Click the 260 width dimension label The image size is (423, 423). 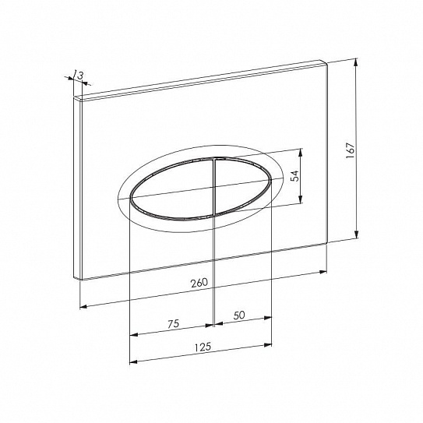[199, 283]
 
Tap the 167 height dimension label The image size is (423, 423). [351, 150]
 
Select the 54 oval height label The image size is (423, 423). [295, 175]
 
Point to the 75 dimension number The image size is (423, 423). [173, 324]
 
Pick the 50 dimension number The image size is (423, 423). [239, 315]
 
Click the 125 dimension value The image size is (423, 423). [203, 347]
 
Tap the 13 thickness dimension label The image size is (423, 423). [79, 75]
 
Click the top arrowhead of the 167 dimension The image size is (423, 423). [356, 62]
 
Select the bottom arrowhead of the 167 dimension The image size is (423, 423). [356, 234]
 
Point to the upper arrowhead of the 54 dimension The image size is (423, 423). [300, 153]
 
